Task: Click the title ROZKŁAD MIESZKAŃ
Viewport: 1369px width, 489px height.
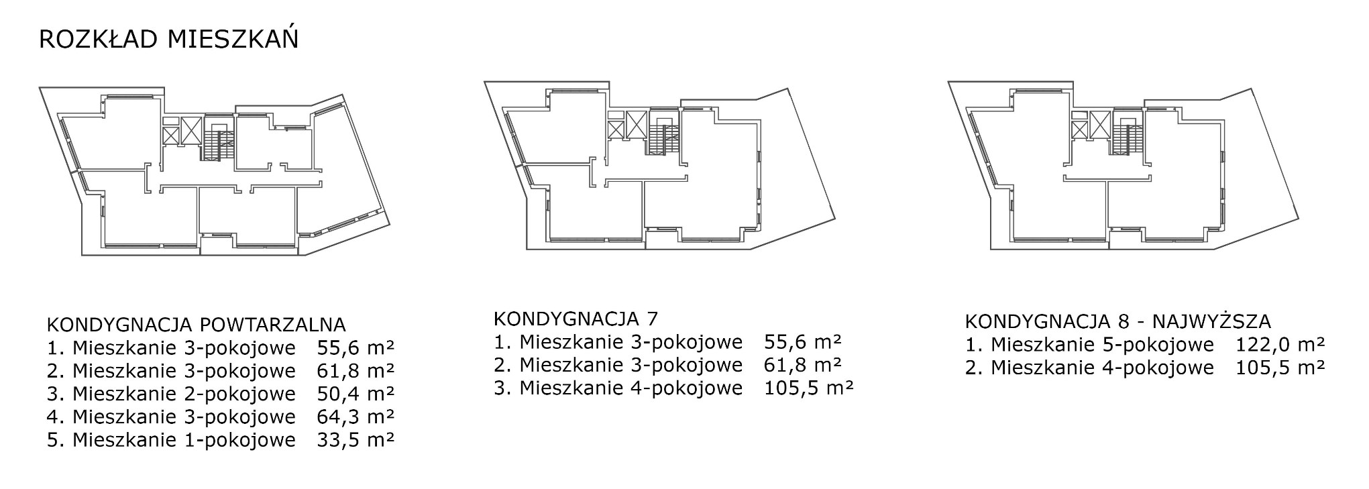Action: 168,39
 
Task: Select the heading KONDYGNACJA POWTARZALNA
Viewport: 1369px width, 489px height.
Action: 196,325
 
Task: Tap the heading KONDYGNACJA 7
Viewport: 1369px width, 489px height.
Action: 576,317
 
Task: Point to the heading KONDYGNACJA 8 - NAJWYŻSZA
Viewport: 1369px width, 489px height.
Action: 1118,321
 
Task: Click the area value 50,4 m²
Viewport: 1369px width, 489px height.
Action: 355,393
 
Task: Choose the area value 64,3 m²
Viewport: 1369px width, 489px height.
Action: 355,417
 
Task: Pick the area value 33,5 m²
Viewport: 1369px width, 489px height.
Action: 355,440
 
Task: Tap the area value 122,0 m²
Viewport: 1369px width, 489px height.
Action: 1280,344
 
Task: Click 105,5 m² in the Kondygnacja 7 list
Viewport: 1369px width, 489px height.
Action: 809,388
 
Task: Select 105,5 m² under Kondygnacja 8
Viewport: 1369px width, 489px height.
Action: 1280,368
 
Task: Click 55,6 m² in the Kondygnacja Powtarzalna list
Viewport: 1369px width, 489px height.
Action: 355,348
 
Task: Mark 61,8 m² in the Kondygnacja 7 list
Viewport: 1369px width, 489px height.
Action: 803,365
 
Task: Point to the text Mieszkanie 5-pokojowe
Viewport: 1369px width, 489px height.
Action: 1102,345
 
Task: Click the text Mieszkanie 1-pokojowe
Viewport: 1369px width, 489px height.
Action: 184,441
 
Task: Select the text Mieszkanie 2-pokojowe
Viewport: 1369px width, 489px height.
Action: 184,394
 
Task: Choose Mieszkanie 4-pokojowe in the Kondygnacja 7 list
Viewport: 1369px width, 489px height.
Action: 631,388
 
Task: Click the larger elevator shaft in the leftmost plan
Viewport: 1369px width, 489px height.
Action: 191,130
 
